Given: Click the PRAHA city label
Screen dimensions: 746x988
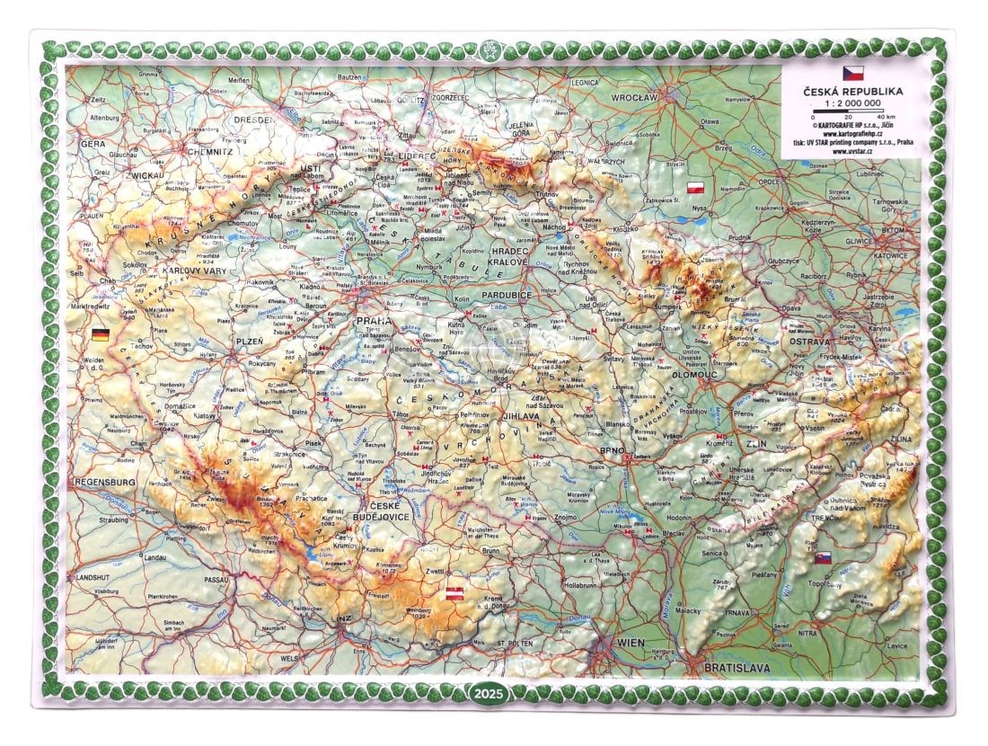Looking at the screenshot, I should click(370, 321).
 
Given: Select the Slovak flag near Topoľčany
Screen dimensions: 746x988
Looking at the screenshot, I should click(821, 558).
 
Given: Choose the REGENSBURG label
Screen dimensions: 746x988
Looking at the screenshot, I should click(105, 483).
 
